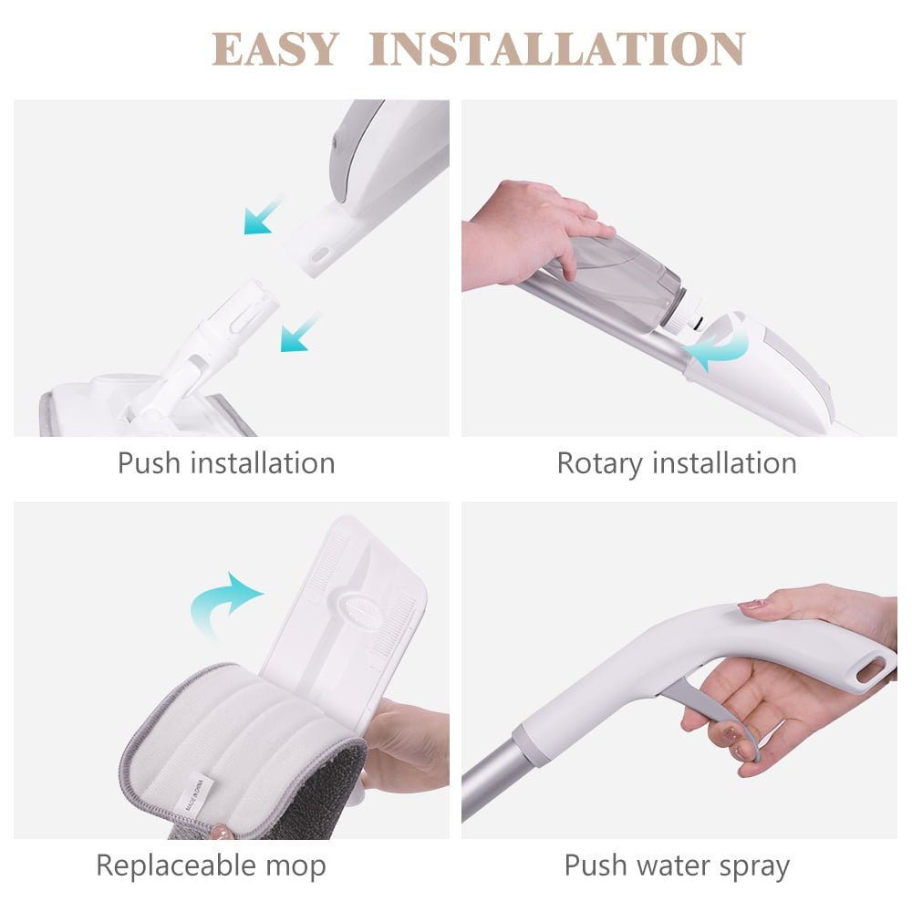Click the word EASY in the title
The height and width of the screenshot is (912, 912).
click(x=275, y=49)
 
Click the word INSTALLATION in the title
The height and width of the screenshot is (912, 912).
click(x=557, y=49)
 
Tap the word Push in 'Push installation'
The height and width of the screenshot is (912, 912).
click(x=149, y=463)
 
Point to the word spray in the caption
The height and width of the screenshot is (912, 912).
click(x=754, y=866)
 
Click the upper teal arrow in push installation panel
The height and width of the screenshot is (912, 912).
click(x=263, y=215)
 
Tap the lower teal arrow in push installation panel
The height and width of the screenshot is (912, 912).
click(x=299, y=333)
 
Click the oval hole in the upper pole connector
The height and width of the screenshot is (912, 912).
click(x=320, y=254)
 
